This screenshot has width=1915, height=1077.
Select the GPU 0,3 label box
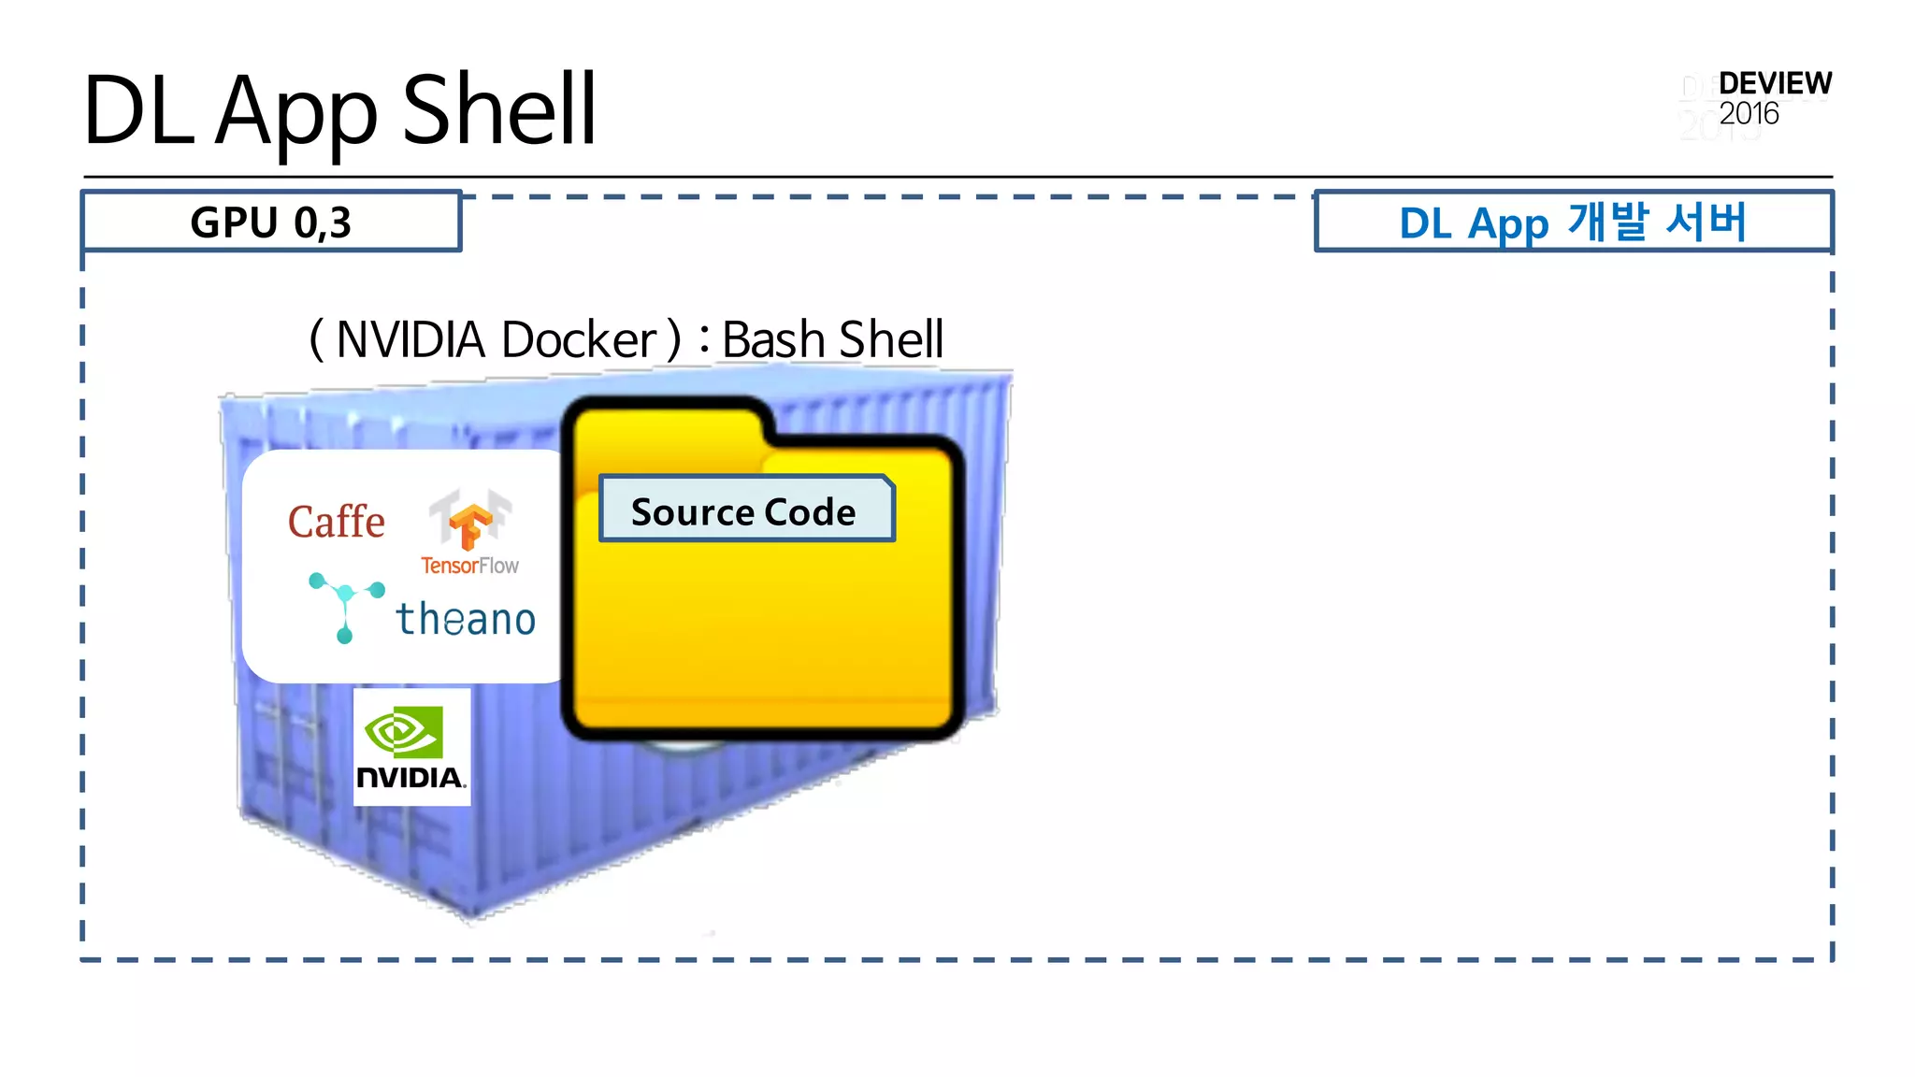tap(271, 223)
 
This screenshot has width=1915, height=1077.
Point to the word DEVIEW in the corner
tap(1775, 83)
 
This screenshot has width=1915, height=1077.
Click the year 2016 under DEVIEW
tap(1749, 114)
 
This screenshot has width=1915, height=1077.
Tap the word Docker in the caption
tap(580, 339)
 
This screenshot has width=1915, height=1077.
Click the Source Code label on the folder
tap(744, 511)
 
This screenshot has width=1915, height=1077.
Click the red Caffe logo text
tap(337, 522)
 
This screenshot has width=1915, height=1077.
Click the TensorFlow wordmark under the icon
tap(469, 566)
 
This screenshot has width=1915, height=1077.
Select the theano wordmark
tap(466, 619)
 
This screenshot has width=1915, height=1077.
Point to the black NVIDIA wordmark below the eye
tap(410, 778)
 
